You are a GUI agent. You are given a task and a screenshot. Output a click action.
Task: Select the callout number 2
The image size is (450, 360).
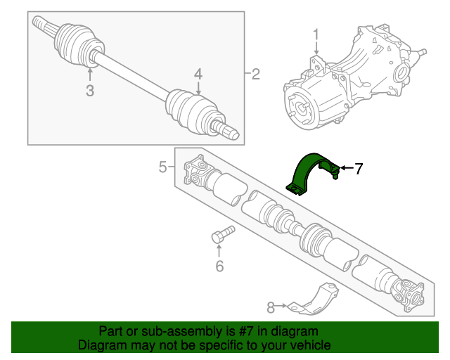[255, 74]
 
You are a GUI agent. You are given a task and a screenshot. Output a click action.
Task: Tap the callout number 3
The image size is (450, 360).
[89, 90]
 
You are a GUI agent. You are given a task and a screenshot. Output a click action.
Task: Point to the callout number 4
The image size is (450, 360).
[198, 74]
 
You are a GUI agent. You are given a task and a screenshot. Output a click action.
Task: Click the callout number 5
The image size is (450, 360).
[162, 167]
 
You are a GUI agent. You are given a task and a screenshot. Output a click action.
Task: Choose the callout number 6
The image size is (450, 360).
[219, 266]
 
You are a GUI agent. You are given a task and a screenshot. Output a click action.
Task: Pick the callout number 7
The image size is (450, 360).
[358, 168]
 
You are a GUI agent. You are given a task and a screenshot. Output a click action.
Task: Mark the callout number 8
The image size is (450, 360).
[271, 307]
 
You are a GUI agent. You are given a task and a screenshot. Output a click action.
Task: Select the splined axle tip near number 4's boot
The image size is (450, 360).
[229, 131]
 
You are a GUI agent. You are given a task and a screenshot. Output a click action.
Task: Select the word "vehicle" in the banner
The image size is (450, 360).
[309, 345]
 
